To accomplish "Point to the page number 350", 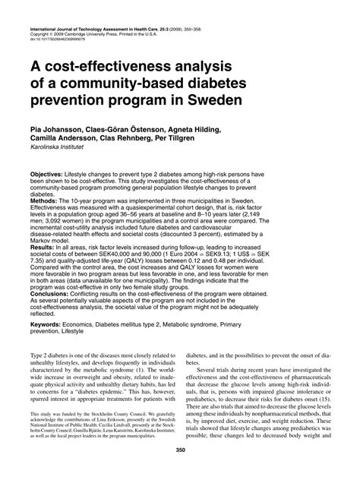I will point(180,471).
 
